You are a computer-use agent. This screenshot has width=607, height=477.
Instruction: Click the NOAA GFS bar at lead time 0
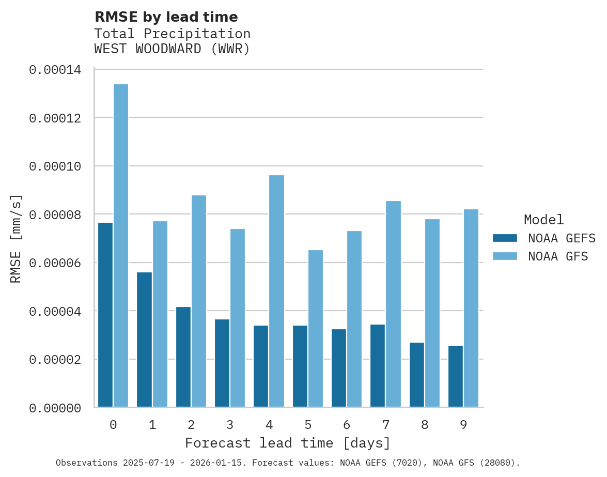click(x=121, y=245)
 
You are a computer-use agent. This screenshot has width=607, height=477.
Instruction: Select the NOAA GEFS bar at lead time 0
click(x=105, y=315)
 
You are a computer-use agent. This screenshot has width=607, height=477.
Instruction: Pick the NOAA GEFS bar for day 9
click(x=456, y=376)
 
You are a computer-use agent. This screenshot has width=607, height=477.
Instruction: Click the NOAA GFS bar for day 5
click(x=316, y=329)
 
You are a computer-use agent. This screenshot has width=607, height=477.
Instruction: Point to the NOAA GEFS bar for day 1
click(x=144, y=340)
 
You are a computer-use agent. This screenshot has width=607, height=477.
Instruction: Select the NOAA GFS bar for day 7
click(x=393, y=304)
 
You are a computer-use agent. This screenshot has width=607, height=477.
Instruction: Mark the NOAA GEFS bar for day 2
click(x=183, y=357)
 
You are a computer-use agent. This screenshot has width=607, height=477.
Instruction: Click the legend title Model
click(x=543, y=220)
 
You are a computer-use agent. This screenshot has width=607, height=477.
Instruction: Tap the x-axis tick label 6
click(x=347, y=425)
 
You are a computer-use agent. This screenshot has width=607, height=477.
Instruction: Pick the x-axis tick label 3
click(x=230, y=425)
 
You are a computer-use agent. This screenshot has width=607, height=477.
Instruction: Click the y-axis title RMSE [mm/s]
click(x=16, y=238)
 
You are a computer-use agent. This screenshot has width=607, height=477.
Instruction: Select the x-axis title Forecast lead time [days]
click(x=288, y=443)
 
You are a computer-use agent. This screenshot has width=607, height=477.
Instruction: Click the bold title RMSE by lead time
click(x=166, y=17)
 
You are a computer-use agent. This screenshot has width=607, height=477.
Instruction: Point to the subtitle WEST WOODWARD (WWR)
click(x=172, y=49)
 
